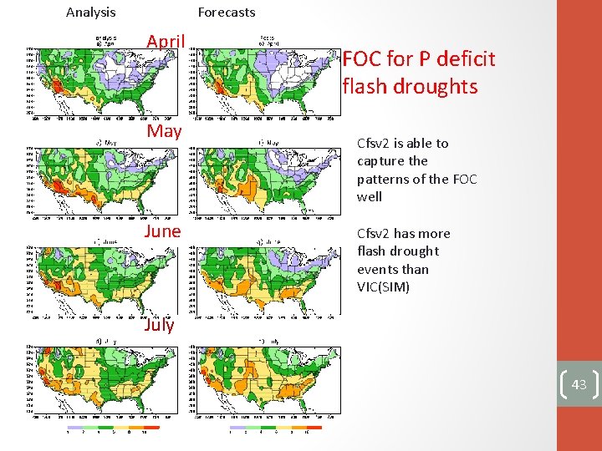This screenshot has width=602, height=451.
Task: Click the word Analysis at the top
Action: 91,13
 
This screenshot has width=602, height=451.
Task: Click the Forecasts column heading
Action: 227,13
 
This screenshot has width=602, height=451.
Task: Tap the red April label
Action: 165,41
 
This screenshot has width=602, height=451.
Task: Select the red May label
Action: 163,131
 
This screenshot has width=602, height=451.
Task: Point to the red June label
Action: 162,231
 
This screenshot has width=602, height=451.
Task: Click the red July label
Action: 159,325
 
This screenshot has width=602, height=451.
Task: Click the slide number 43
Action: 579,384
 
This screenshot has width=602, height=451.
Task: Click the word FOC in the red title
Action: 362,59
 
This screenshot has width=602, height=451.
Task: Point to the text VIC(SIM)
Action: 383,287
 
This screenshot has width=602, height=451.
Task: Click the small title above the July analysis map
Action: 105,341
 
